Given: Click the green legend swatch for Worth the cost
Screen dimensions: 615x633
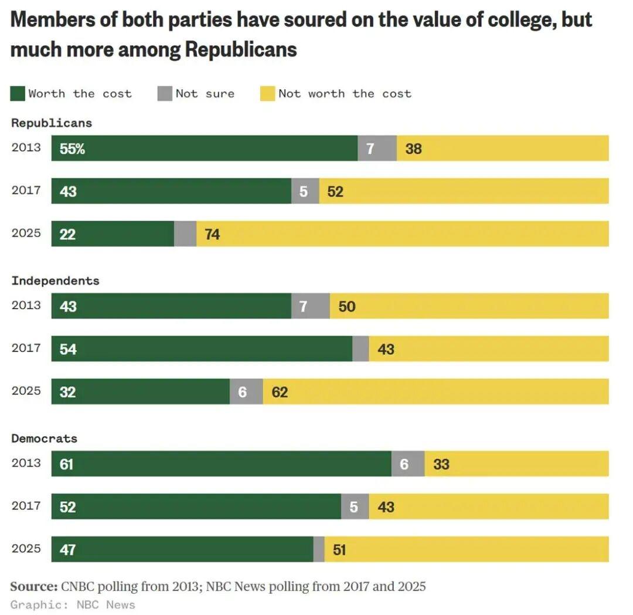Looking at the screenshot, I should coord(18,93).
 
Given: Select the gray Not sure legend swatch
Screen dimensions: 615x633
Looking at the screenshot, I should coord(165,93).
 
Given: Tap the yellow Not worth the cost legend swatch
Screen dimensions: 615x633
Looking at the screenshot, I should coord(268,93).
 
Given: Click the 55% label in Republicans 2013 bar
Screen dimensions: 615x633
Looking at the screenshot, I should coord(72,148).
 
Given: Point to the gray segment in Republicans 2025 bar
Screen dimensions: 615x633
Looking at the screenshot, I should coord(185,234).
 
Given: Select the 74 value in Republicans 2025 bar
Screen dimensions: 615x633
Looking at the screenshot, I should coord(212,234).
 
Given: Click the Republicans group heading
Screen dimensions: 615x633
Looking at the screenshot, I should coord(52,123).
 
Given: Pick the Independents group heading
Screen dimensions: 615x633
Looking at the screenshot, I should coord(55,281).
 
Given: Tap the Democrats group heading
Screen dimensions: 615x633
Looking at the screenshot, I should coord(44,438).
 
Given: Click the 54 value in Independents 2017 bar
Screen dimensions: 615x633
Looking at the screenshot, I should coord(68,349).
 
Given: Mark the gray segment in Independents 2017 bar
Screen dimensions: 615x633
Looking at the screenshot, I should coord(360,349).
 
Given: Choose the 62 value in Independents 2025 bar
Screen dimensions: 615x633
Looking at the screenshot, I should coord(280,392).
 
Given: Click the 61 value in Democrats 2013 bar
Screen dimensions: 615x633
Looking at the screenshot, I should coord(67,464).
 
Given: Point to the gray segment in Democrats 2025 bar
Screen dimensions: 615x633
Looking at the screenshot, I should coord(319,550).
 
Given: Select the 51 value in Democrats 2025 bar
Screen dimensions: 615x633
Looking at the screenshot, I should coord(339,550).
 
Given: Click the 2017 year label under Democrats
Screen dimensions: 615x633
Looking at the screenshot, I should coord(26,505).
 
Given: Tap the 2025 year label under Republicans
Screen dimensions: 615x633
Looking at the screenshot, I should coord(26,233).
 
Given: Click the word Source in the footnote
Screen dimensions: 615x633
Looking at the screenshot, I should coord(33,586).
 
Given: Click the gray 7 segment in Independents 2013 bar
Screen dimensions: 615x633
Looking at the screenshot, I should coord(310,306).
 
